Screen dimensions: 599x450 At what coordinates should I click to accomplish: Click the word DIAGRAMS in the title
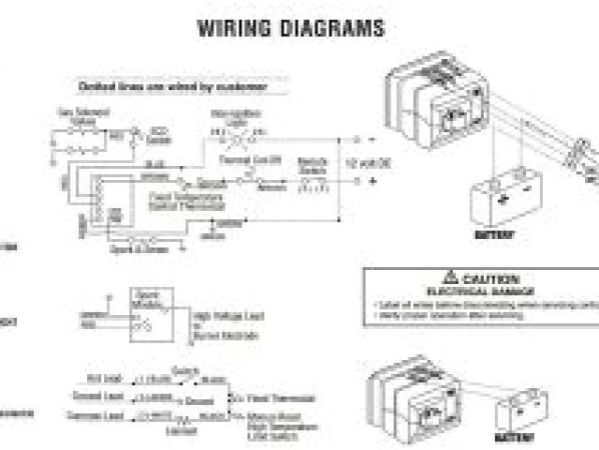pos(329,28)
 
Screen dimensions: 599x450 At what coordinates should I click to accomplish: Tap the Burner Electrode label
pos(225,332)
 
